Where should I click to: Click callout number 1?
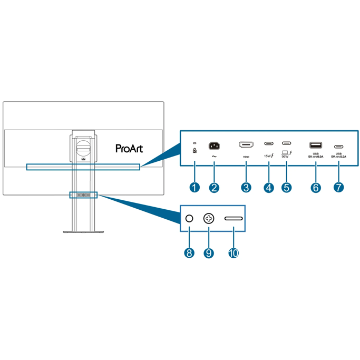click(195, 187)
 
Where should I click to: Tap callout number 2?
click(214, 187)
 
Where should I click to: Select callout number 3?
click(246, 187)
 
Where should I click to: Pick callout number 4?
click(269, 187)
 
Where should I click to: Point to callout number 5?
click(287, 187)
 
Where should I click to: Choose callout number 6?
click(316, 187)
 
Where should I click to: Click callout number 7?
click(338, 187)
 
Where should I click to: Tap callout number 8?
click(189, 252)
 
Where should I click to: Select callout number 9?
click(209, 252)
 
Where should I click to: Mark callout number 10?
click(233, 252)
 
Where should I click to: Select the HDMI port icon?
click(246, 145)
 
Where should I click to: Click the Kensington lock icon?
click(195, 151)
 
